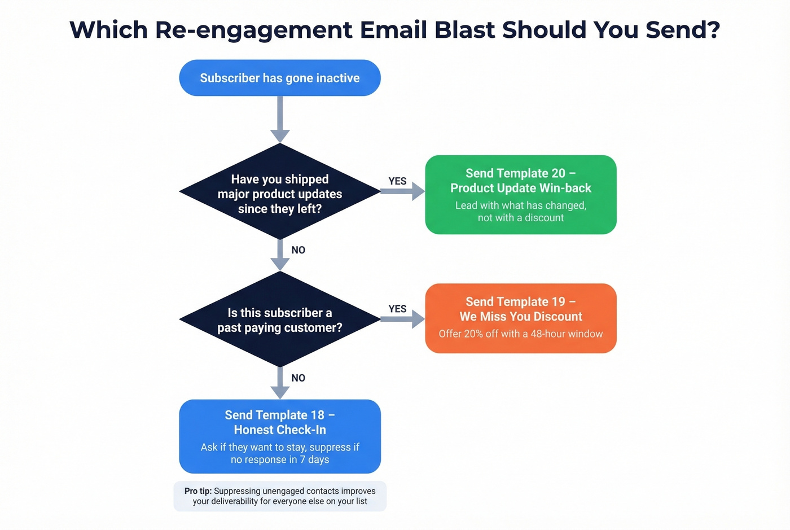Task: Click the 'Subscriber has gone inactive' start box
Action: click(280, 78)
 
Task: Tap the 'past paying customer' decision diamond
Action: click(280, 320)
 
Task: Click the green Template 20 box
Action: click(520, 195)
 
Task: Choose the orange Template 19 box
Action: click(520, 318)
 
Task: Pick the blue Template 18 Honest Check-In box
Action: click(280, 436)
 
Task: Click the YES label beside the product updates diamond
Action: click(397, 181)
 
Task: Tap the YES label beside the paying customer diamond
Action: click(397, 309)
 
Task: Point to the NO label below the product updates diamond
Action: click(298, 250)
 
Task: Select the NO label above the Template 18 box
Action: click(298, 378)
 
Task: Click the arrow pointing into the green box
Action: click(402, 191)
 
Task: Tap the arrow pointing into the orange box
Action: click(402, 319)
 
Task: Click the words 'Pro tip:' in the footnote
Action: click(198, 491)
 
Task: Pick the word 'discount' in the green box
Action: click(544, 218)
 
